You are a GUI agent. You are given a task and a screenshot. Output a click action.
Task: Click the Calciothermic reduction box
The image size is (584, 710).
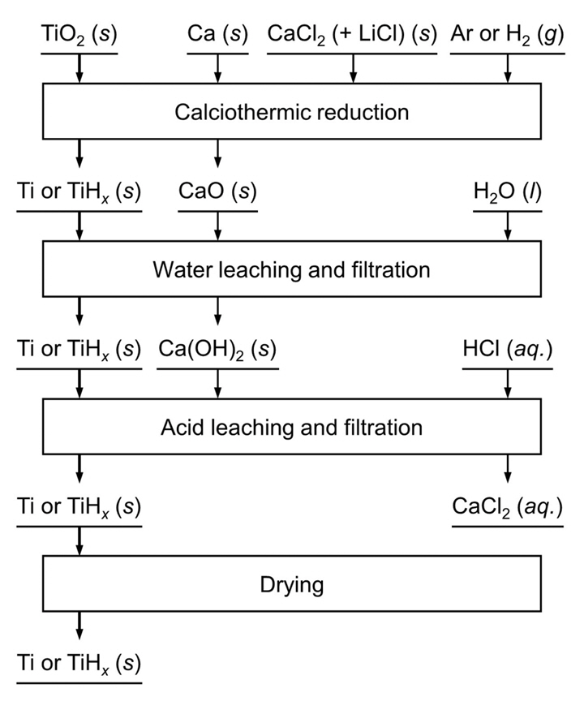(x=292, y=111)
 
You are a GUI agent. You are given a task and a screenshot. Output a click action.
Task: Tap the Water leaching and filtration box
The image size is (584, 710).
(x=292, y=269)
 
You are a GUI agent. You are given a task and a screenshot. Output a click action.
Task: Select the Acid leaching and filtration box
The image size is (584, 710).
(x=292, y=427)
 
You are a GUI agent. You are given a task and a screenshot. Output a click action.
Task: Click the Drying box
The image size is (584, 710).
(x=292, y=583)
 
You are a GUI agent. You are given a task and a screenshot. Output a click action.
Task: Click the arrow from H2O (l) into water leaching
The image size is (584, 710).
(x=508, y=226)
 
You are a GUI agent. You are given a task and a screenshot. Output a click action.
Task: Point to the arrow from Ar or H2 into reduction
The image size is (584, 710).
(x=508, y=68)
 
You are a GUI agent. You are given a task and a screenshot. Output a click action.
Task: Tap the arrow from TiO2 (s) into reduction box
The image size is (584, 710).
(x=79, y=68)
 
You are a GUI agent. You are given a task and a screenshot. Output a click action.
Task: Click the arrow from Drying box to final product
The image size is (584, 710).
(x=79, y=625)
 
